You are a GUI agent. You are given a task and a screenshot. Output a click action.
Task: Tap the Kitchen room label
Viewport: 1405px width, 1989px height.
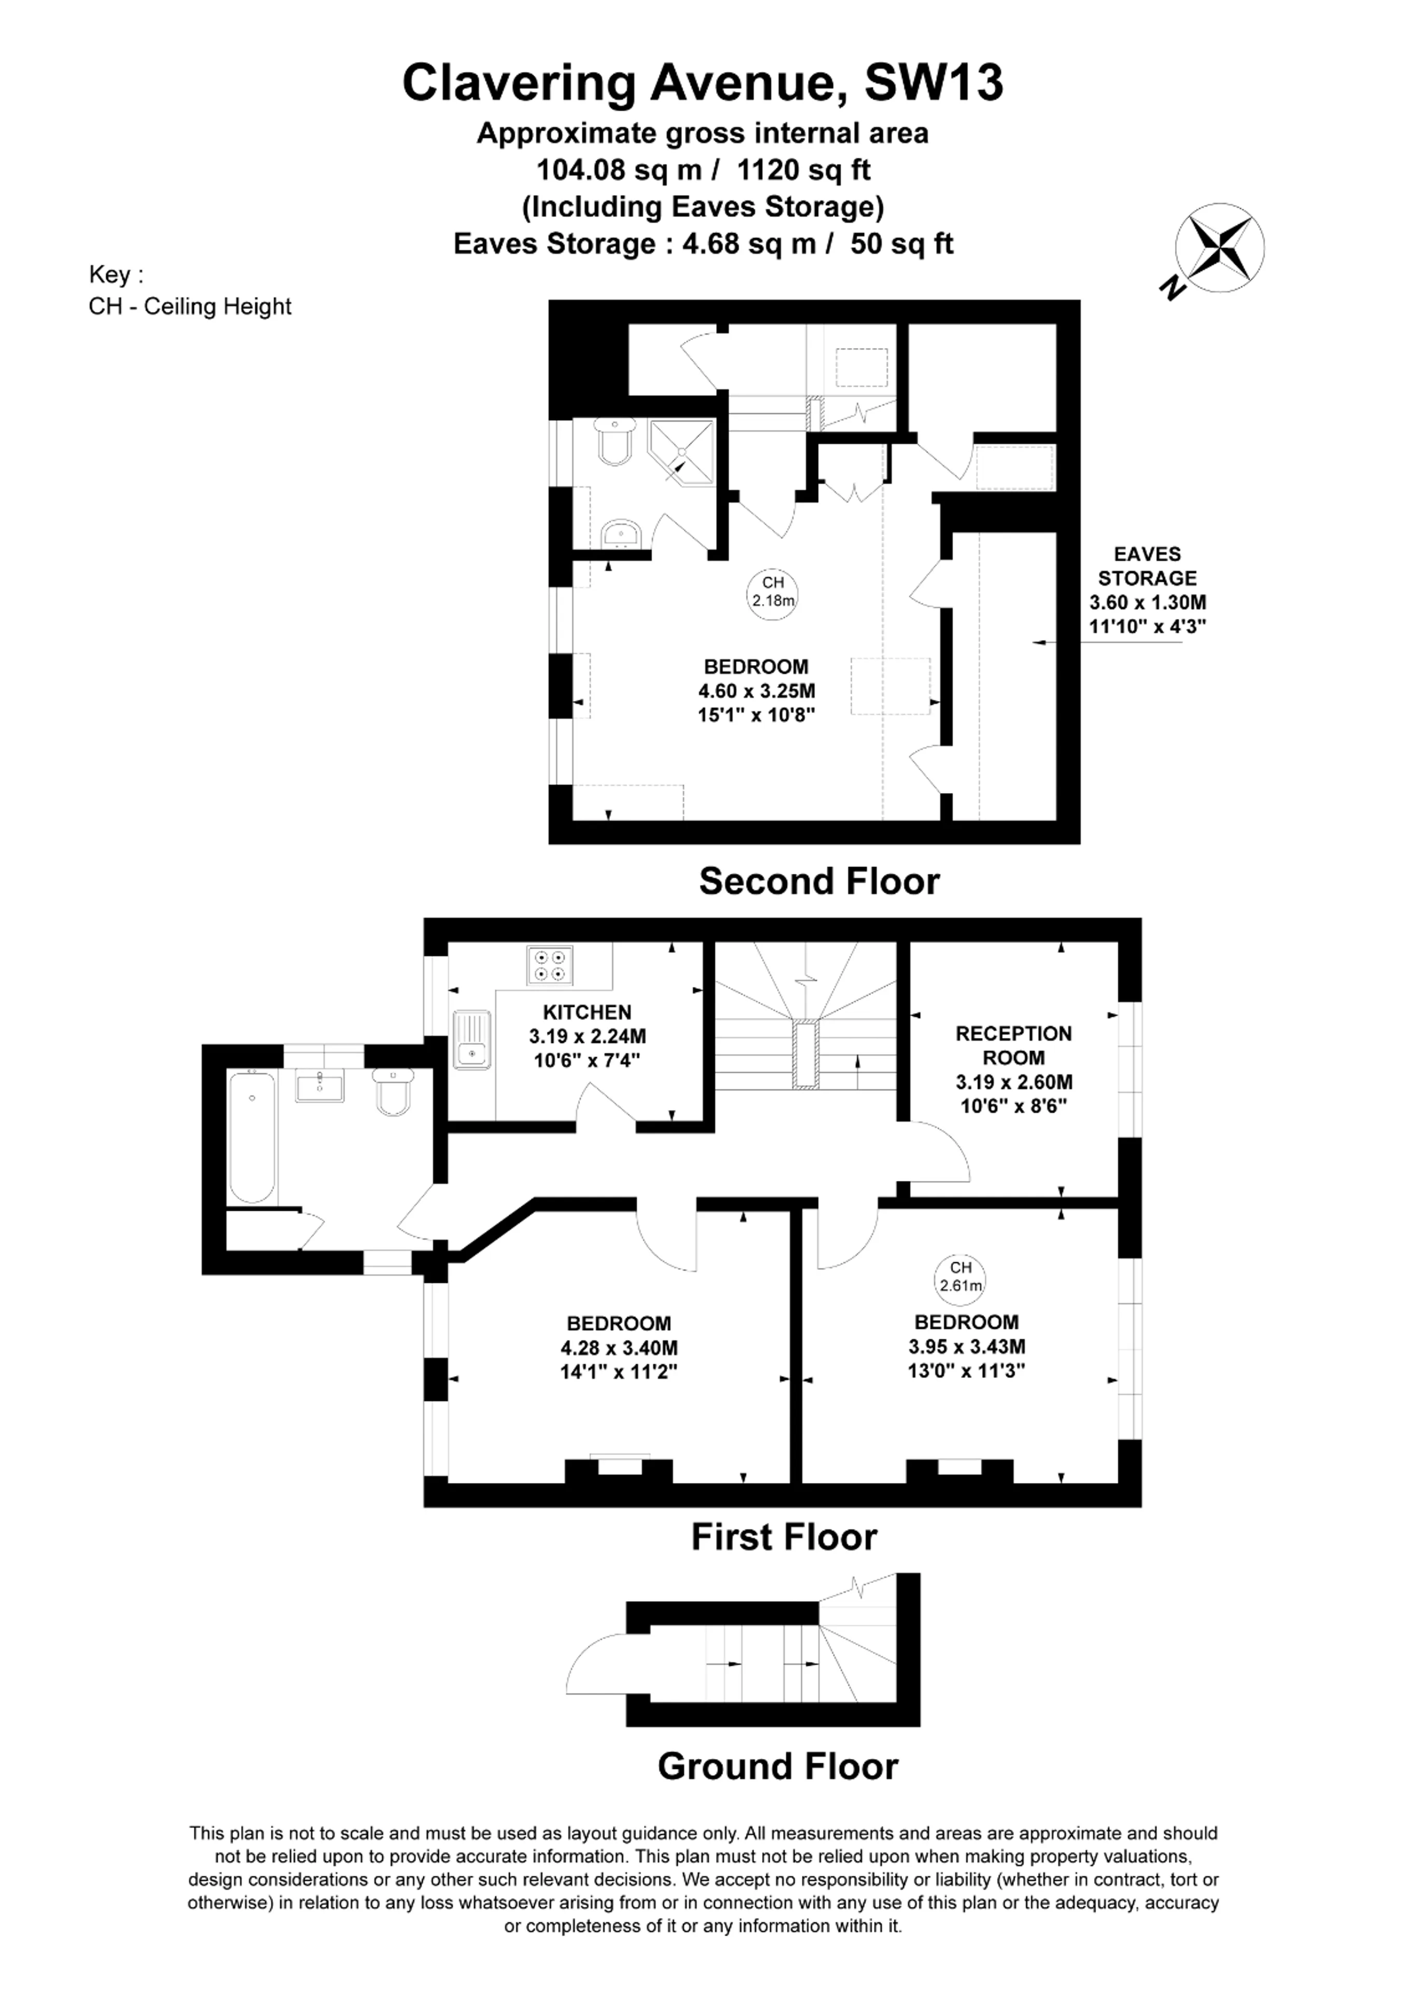tap(587, 1012)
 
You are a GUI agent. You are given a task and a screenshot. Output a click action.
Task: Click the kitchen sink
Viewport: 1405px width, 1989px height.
tap(471, 1040)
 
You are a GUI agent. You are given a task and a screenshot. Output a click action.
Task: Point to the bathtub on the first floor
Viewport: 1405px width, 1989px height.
tap(252, 1137)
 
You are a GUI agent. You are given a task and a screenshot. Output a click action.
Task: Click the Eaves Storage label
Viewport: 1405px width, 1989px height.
tap(1148, 566)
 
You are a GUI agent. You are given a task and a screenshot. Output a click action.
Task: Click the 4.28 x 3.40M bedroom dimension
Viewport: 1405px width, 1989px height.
tap(619, 1348)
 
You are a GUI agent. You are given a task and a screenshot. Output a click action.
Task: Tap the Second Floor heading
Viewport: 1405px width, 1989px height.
tap(820, 881)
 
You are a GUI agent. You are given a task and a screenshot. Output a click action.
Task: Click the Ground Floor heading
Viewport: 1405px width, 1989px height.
tap(778, 1766)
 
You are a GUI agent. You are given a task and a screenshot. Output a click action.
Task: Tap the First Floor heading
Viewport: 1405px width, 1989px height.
tap(784, 1537)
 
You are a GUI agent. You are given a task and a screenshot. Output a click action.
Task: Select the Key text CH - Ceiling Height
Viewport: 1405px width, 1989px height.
tap(190, 307)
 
